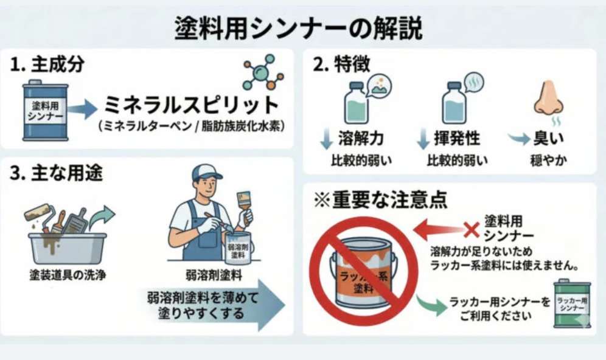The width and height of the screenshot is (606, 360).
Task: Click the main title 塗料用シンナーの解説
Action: (298, 28)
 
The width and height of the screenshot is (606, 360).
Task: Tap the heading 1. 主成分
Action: (47, 64)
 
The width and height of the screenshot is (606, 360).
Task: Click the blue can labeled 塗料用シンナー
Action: (45, 111)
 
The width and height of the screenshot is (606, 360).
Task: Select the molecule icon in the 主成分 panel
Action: (263, 72)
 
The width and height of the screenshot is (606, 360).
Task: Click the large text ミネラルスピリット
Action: (191, 105)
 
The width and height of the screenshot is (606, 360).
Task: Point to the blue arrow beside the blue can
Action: (82, 109)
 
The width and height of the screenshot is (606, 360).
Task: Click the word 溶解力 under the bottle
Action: (361, 138)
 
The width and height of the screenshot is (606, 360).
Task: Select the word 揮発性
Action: (457, 138)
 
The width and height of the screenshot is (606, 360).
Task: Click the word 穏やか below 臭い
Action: (548, 160)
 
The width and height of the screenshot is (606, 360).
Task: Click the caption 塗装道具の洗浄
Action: (68, 275)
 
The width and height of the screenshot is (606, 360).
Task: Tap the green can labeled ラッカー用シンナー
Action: (573, 303)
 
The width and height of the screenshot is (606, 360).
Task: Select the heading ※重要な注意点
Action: (380, 199)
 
